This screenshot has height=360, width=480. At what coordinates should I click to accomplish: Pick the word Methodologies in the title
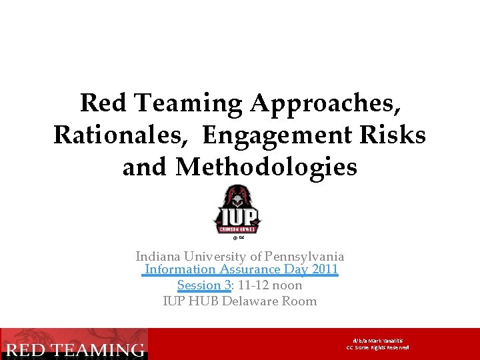tap(267, 167)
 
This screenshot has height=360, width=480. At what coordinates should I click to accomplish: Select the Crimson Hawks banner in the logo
tap(238, 227)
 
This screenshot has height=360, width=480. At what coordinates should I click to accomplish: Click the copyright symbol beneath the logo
tap(235, 237)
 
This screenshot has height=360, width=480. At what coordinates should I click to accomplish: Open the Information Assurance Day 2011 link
tap(241, 270)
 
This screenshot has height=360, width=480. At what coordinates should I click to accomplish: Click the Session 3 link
tap(203, 285)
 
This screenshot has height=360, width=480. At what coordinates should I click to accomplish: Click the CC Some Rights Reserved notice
tap(377, 347)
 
